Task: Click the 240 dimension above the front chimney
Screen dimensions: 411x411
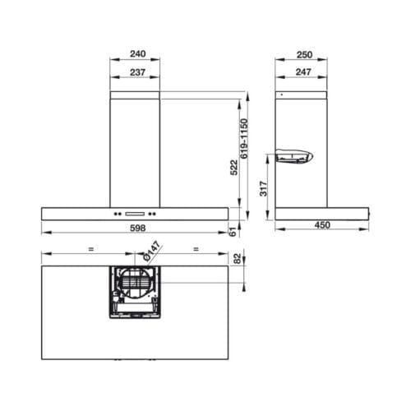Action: pos(136,56)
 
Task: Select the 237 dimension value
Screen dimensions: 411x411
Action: pos(136,72)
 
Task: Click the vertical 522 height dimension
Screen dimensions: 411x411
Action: pos(233,168)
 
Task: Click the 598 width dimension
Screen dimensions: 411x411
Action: pos(136,229)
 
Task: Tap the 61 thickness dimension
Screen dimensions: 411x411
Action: pos(233,233)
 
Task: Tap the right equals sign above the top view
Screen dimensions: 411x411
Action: pos(196,247)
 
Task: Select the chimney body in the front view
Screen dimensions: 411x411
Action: pos(136,148)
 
